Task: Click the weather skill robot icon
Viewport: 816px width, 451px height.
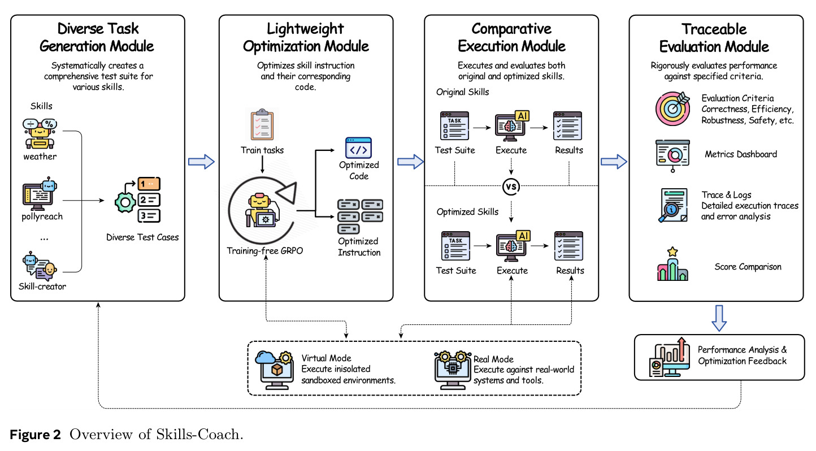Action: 40,133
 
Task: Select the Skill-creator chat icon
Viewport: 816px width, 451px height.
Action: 40,266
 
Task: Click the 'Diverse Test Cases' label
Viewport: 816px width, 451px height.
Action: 142,237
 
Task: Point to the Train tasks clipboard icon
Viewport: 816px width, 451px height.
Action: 262,124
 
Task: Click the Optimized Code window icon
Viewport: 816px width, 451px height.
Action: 358,148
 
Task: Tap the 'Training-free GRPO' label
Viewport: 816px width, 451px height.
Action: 265,250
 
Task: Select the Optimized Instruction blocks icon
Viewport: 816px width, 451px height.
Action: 360,216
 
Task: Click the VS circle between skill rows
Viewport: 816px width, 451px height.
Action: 511,187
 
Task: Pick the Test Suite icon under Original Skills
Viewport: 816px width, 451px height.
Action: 455,125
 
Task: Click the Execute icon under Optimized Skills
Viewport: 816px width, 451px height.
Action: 513,245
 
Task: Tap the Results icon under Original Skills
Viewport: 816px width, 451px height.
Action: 567,125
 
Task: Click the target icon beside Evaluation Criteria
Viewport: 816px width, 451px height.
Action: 673,109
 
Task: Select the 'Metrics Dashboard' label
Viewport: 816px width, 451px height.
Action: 741,154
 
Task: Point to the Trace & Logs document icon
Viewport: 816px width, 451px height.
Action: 673,205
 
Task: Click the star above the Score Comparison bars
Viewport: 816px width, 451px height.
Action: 672,251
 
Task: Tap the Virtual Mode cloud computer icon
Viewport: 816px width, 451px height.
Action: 274,370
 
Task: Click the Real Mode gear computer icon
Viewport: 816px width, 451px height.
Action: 452,370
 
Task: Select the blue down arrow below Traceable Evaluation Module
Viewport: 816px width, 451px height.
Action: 719,318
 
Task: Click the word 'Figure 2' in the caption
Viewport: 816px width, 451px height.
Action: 36,435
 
